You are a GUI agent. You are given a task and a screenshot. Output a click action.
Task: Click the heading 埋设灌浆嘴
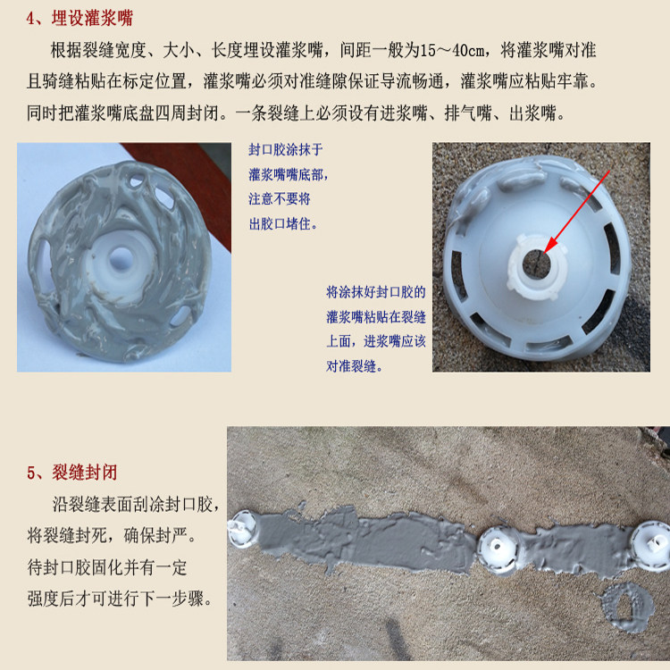click(x=92, y=18)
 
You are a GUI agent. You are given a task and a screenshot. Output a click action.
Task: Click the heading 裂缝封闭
click(x=85, y=473)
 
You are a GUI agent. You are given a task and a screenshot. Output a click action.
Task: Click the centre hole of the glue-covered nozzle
click(x=121, y=258)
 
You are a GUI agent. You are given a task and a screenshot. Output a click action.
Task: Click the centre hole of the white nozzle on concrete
click(x=536, y=263)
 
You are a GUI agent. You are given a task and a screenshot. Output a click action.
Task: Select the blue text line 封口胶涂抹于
click(x=286, y=149)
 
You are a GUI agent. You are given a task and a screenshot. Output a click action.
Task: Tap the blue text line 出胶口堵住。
click(x=283, y=223)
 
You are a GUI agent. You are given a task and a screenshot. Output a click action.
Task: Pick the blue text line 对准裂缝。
click(x=354, y=366)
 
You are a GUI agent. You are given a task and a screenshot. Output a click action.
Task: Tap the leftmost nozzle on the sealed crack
click(x=242, y=528)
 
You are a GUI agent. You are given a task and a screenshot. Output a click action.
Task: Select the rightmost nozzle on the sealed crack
click(x=650, y=546)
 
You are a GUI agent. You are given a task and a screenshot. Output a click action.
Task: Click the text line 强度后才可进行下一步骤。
click(x=120, y=599)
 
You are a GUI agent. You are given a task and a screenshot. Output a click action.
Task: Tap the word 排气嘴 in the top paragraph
click(x=468, y=113)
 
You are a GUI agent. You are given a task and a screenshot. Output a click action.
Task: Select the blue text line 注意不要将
click(x=280, y=198)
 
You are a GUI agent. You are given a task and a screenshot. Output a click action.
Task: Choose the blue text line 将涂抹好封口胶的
click(x=376, y=292)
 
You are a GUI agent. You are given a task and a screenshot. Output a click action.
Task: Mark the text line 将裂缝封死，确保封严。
click(x=112, y=536)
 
